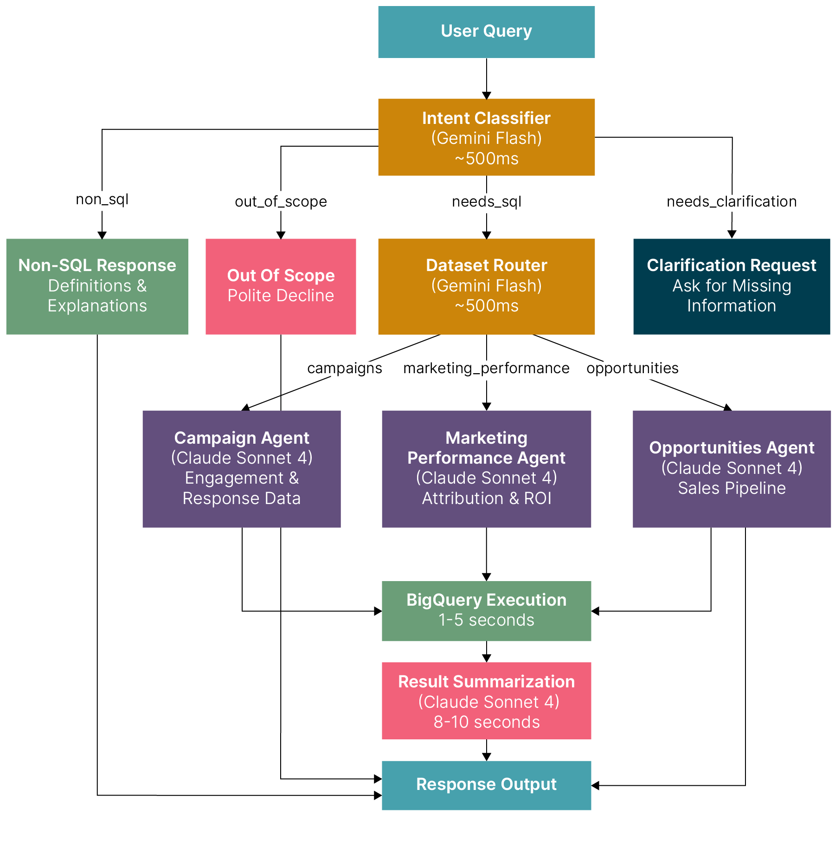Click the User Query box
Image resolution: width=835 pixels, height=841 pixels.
(486, 32)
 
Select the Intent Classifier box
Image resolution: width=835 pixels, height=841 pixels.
(486, 137)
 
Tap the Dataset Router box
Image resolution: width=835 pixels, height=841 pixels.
(486, 286)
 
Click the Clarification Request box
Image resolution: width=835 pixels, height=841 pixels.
(731, 286)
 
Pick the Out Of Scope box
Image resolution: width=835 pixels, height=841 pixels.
(281, 286)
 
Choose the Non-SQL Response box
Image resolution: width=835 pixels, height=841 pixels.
(97, 286)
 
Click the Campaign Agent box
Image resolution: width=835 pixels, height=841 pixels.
(241, 468)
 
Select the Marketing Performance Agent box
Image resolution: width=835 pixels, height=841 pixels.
(486, 468)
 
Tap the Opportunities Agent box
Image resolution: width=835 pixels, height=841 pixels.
(731, 468)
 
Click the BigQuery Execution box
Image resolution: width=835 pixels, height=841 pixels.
(486, 610)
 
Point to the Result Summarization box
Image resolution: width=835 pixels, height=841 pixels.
(486, 700)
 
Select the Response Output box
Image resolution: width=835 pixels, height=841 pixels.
(486, 785)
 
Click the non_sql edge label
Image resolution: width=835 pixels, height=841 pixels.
(102, 200)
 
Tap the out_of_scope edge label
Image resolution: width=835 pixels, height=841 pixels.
(281, 201)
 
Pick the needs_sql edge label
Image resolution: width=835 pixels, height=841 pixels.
(486, 201)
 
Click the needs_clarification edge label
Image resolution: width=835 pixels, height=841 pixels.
(731, 201)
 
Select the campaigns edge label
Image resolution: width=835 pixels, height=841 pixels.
(344, 368)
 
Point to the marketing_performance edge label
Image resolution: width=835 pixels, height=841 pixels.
(486, 368)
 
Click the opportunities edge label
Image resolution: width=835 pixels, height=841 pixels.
(632, 368)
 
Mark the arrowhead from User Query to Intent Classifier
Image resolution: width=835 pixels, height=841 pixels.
(486, 96)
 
